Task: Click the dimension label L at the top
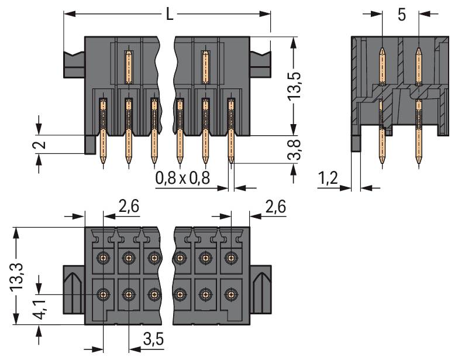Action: point(169,14)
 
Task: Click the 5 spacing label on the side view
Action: point(401,15)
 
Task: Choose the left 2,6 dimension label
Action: point(129,206)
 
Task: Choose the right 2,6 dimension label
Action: point(276,206)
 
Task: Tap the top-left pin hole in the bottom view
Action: point(104,257)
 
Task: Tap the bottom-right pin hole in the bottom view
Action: point(232,293)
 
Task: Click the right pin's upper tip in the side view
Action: point(419,50)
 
